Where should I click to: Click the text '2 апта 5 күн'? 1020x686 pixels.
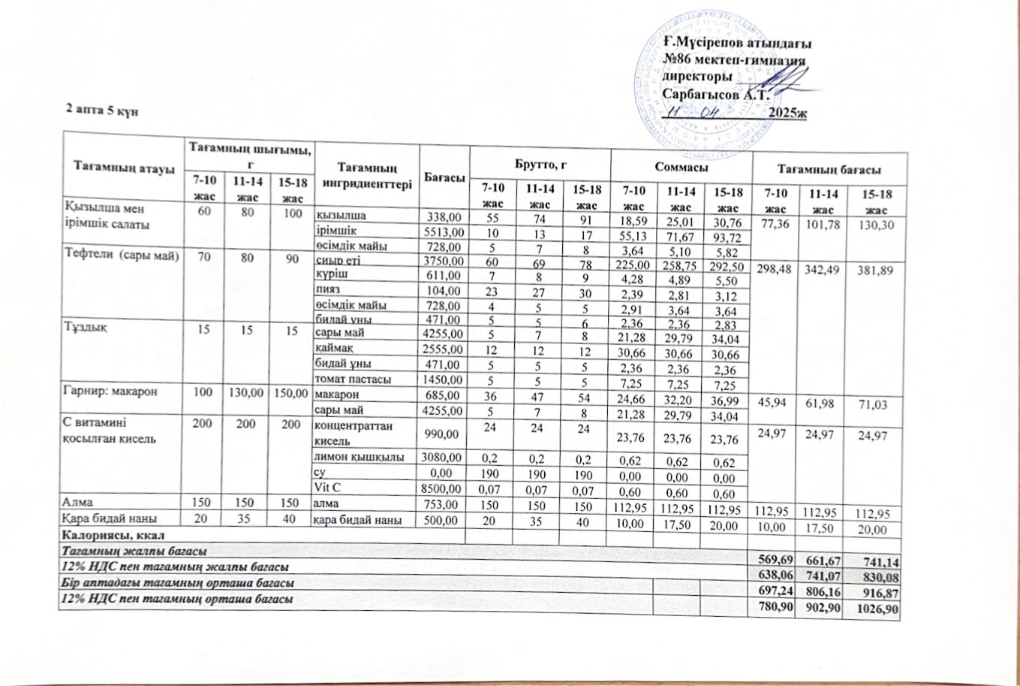click(100, 110)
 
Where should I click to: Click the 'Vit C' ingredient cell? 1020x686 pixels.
click(323, 486)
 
